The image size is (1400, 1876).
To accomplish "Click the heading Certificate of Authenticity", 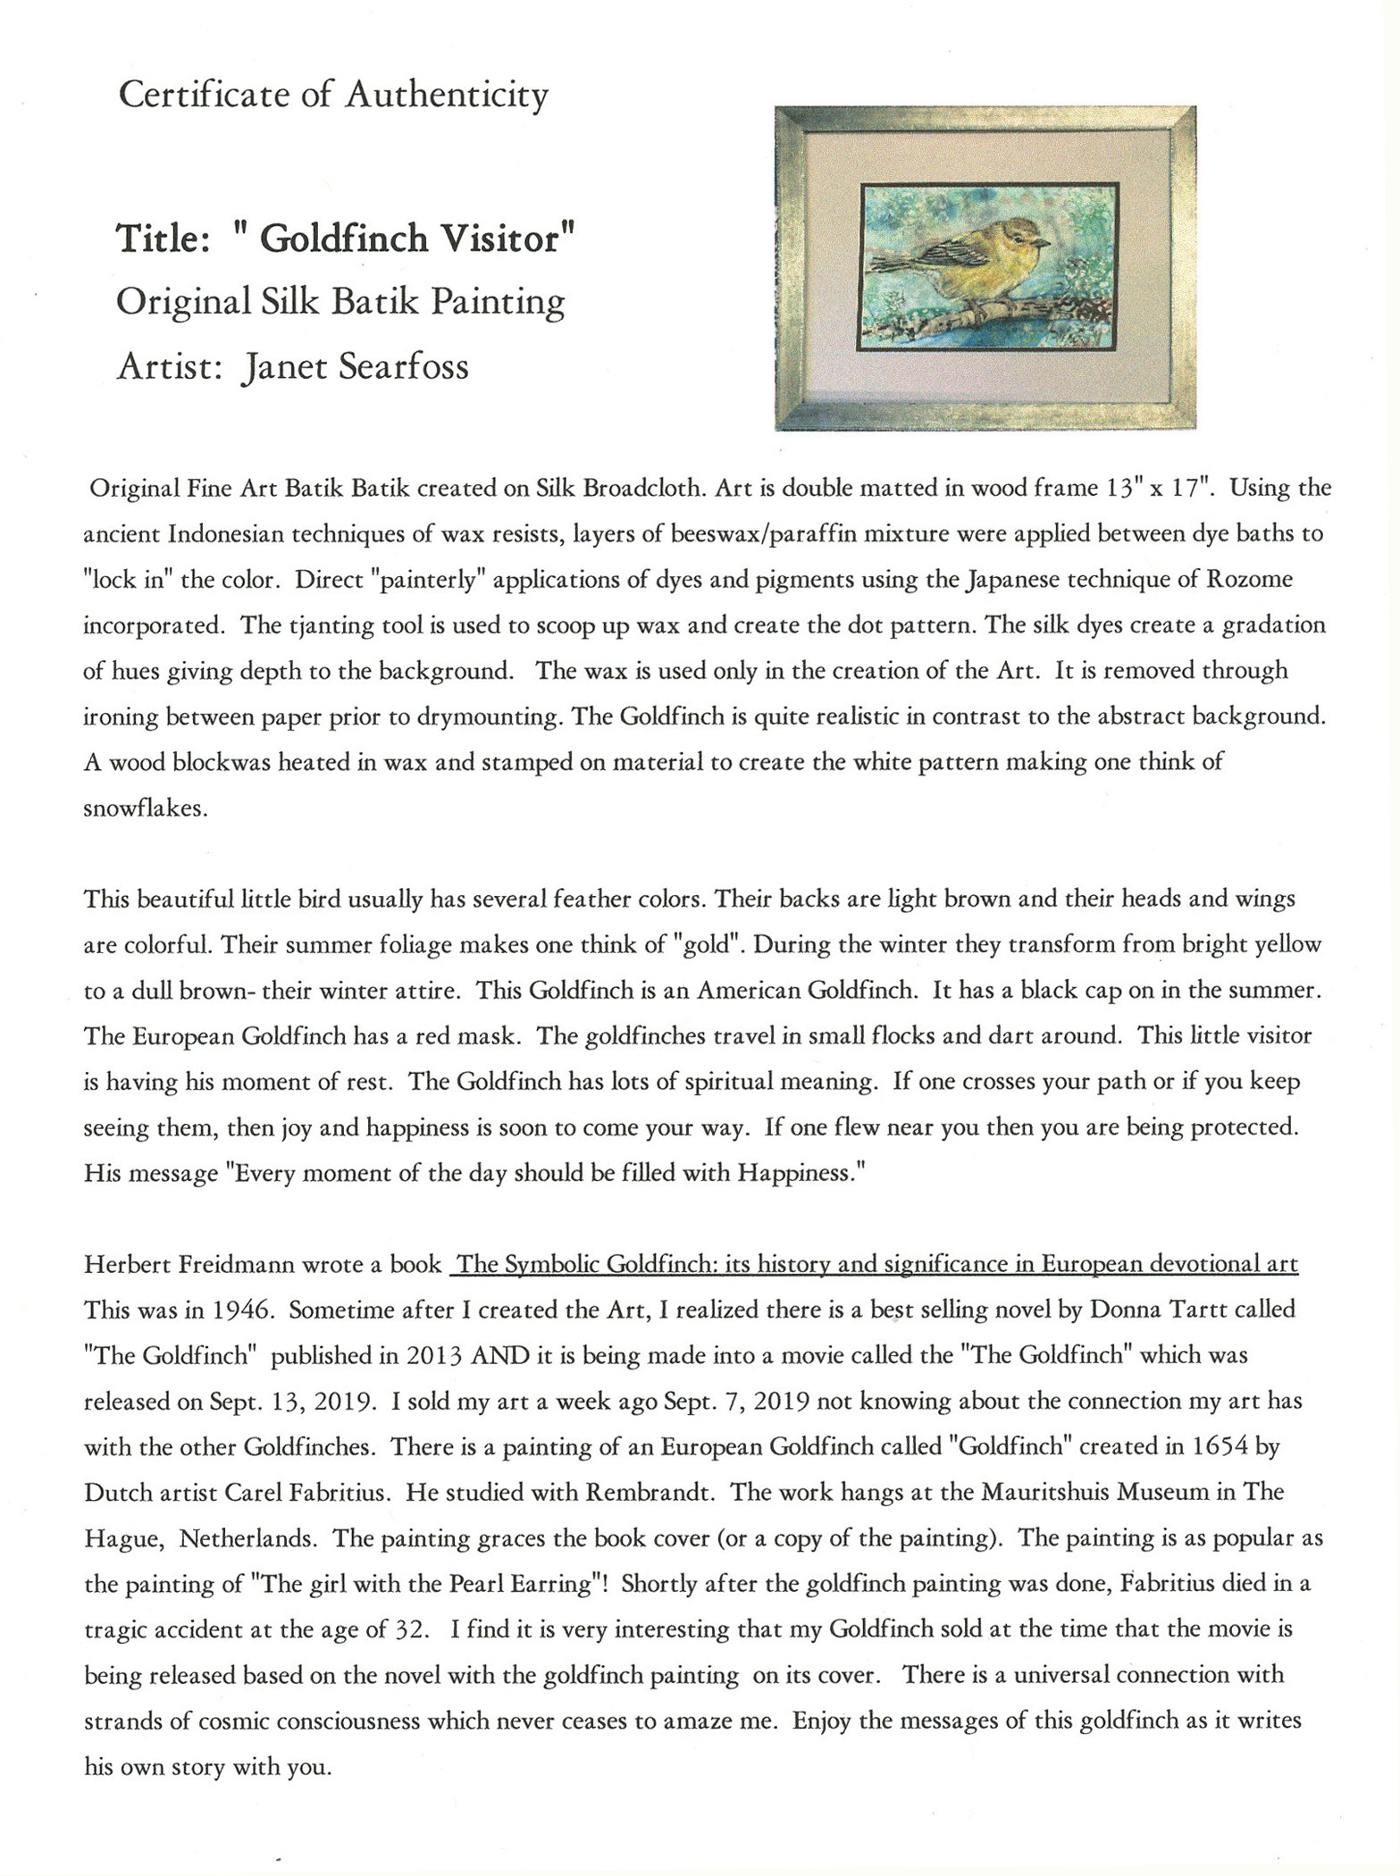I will coord(333,95).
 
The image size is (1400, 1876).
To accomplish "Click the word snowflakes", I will coord(145,808).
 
